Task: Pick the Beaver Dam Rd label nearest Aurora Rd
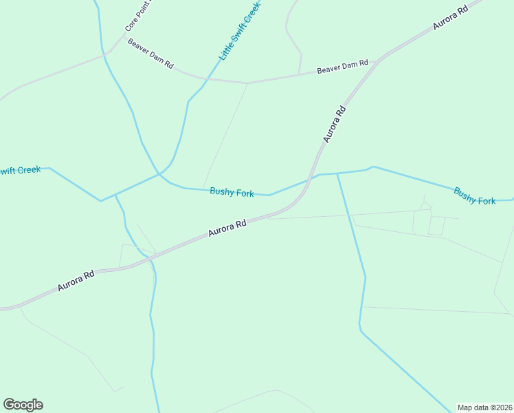point(342,67)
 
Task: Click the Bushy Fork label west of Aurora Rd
point(232,193)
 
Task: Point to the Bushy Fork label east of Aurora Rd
point(474,195)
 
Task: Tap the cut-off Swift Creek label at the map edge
point(20,170)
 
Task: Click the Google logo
point(23,405)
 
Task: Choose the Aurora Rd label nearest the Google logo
point(76,280)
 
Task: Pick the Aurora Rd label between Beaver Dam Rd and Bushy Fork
point(333,124)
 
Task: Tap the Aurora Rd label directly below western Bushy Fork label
point(227,229)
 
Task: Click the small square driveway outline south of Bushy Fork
point(436,226)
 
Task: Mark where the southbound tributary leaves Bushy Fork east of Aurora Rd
point(337,173)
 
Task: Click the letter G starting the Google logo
point(9,405)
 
